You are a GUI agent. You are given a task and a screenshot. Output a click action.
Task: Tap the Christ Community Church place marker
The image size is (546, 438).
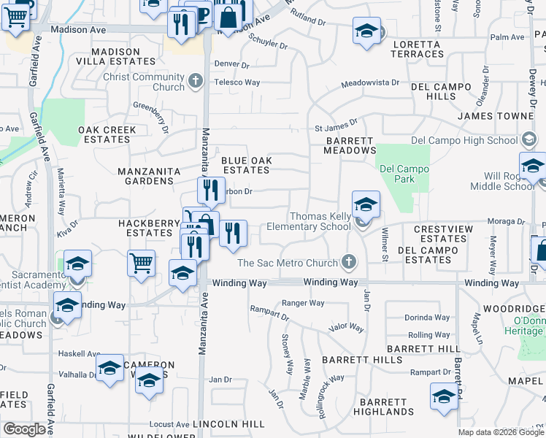[195, 81]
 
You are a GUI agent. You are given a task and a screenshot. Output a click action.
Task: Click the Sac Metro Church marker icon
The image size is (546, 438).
[349, 262]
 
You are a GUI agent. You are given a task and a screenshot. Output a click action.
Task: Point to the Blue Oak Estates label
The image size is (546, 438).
[245, 164]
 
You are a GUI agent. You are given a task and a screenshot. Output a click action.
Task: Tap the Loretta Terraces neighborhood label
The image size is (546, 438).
[418, 50]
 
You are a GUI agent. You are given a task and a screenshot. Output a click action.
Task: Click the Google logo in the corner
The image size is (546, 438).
[25, 429]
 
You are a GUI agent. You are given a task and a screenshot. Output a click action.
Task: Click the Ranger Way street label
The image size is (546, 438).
[303, 303]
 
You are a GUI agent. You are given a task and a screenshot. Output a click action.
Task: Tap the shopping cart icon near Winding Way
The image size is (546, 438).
[141, 262]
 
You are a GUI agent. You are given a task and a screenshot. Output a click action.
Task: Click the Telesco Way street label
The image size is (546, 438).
[237, 82]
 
